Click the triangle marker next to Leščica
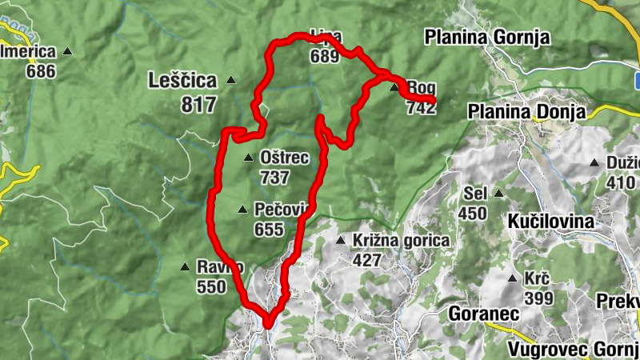click(231, 79)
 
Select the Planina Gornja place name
click(487, 37)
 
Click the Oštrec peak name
click(284, 158)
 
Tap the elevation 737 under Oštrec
click(274, 178)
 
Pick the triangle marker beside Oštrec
click(249, 158)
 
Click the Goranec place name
click(479, 313)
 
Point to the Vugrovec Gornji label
click(573, 350)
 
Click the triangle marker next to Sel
click(498, 193)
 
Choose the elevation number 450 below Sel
click(473, 213)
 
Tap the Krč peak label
click(536, 279)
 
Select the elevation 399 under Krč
click(539, 298)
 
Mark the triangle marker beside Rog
click(394, 87)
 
